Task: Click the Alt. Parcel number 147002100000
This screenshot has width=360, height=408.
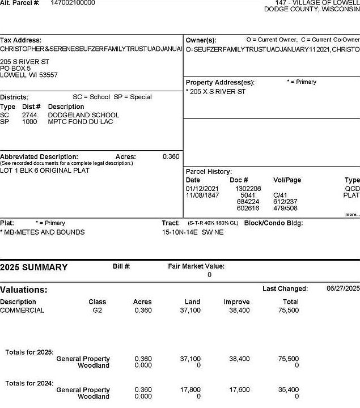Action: (73, 3)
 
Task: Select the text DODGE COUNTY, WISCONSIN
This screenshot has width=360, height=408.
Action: (312, 10)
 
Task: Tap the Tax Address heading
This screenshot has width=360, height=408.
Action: (20, 40)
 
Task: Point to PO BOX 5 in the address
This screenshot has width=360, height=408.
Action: (15, 68)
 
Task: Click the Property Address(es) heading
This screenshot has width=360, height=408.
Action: (220, 82)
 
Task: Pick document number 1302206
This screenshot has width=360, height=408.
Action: (248, 188)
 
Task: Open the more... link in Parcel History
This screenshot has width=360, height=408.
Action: (351, 215)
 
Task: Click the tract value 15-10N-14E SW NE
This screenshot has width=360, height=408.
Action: (193, 232)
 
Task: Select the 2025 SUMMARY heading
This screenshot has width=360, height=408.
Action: (33, 267)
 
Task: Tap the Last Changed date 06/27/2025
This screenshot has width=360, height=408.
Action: (343, 288)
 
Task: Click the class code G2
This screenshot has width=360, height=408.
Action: (97, 311)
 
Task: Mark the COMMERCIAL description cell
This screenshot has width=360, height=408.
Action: (22, 311)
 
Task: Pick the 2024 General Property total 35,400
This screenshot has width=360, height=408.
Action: (289, 390)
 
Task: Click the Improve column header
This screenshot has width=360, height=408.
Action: (236, 302)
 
